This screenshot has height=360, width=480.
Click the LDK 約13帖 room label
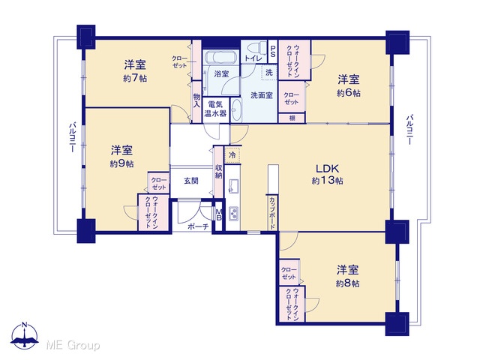[327, 175]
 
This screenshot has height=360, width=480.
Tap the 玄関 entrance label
[191, 181]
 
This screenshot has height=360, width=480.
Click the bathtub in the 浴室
[220, 57]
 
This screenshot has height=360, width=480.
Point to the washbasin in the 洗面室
[236, 110]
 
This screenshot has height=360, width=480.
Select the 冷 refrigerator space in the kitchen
[232, 155]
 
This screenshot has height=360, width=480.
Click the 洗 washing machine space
[269, 73]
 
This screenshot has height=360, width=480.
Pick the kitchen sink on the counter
[233, 185]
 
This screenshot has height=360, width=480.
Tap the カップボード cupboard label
[271, 213]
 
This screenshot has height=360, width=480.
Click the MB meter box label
[218, 214]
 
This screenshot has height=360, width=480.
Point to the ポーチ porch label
[198, 226]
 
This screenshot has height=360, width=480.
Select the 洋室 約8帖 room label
[348, 277]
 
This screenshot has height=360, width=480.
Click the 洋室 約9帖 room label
[121, 157]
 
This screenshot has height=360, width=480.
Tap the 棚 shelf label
[292, 118]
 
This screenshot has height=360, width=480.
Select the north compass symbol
[25, 336]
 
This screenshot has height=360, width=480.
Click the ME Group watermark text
[73, 345]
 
